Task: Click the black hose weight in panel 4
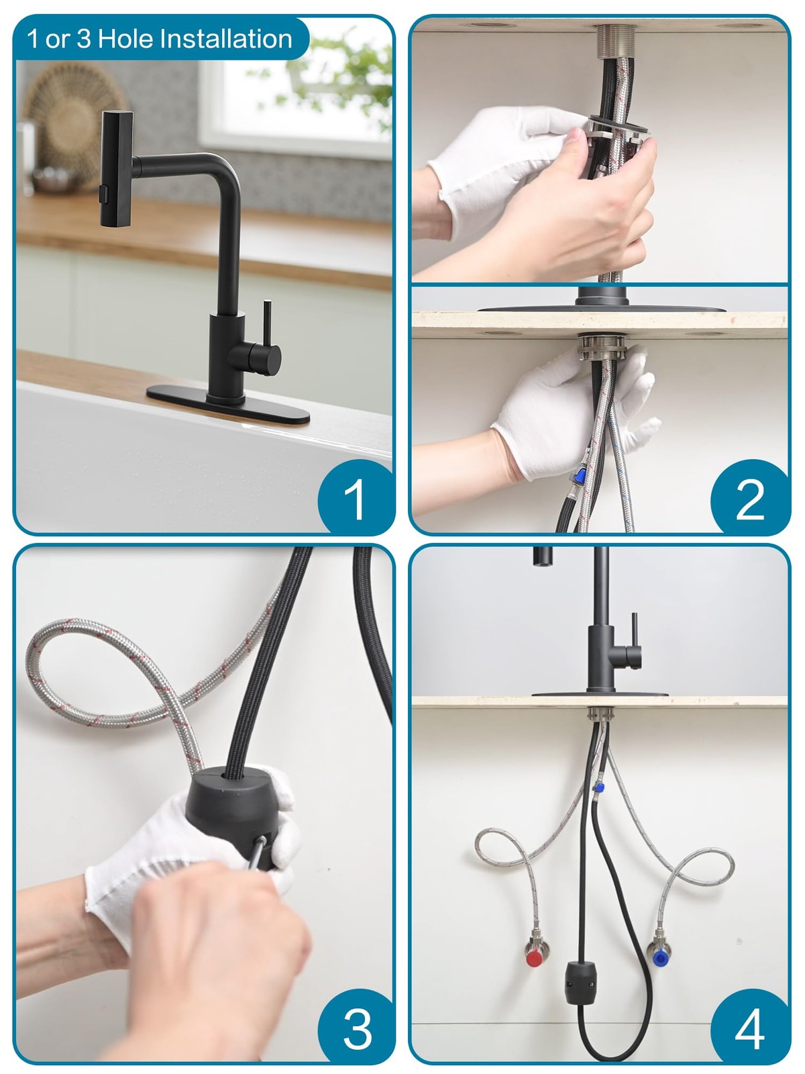581,983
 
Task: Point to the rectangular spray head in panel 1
116,168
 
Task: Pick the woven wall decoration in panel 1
73,125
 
